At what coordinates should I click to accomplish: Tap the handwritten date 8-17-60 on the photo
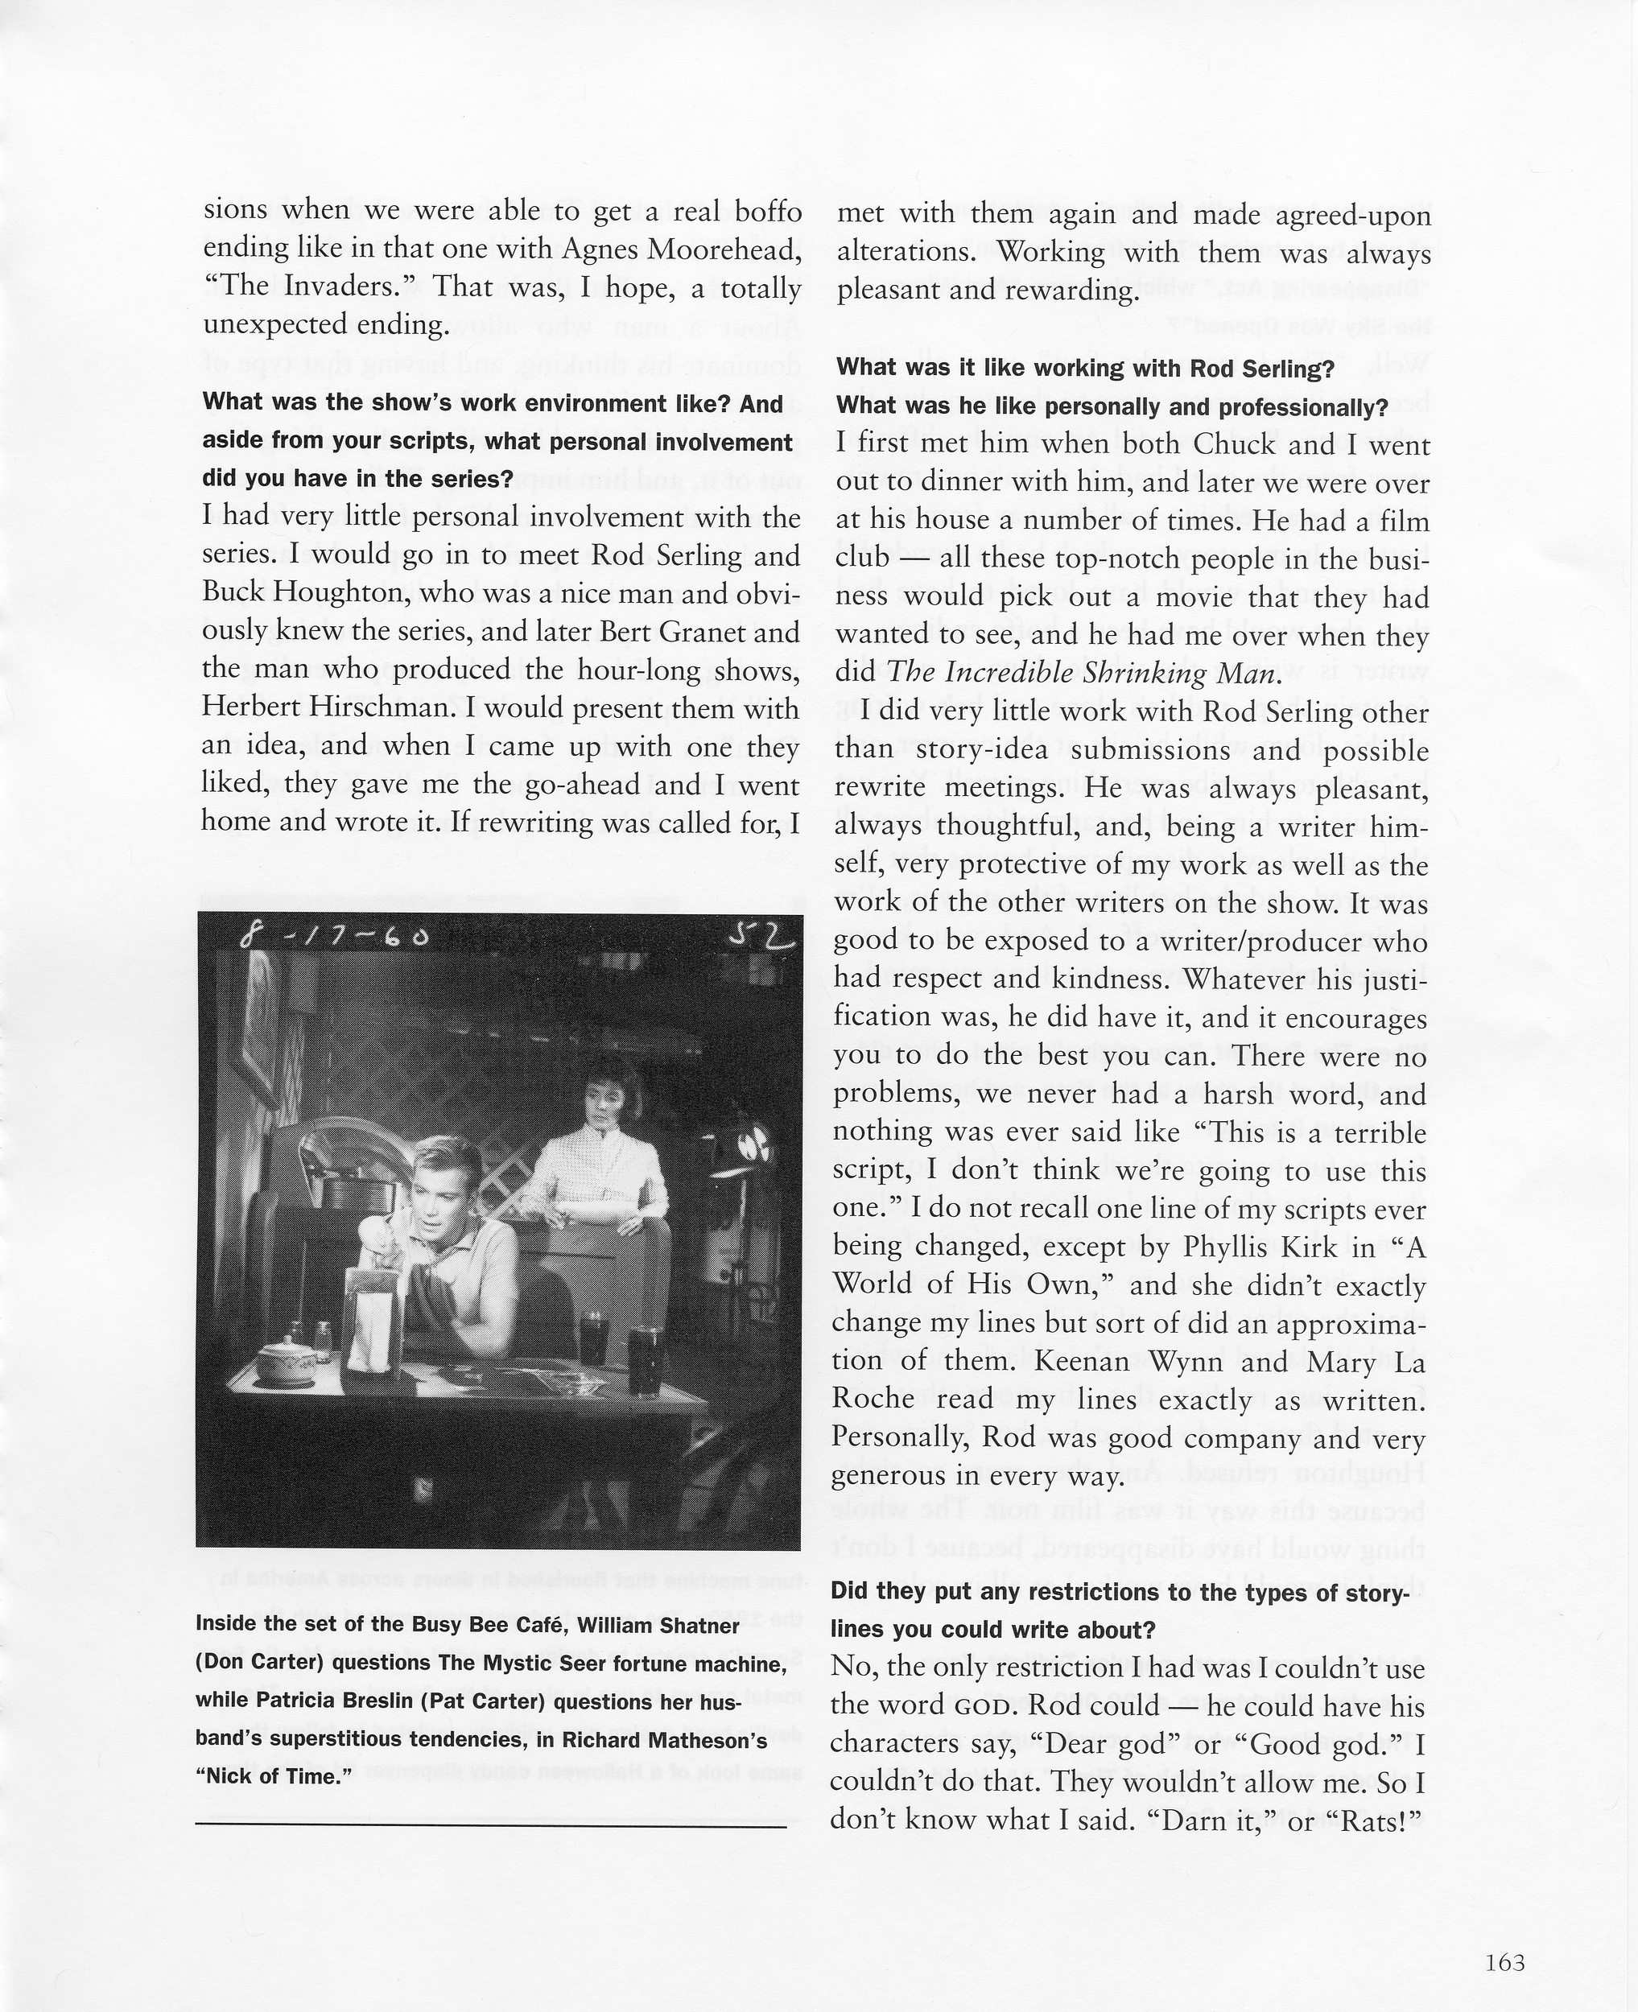point(335,936)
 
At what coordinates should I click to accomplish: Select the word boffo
point(768,209)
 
